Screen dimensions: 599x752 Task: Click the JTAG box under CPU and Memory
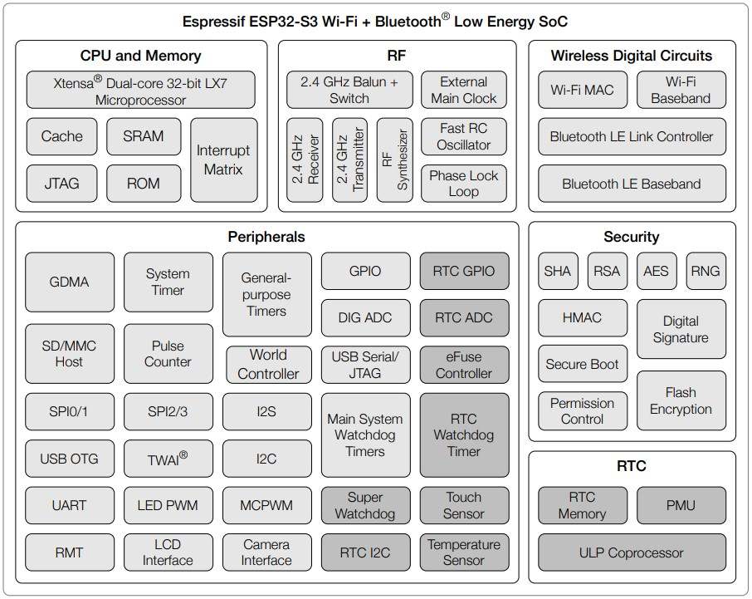[61, 183]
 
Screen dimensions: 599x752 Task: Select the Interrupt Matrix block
[223, 160]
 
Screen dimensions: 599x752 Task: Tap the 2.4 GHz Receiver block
[305, 159]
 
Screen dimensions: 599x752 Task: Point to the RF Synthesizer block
[394, 159]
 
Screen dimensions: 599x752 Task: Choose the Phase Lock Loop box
[464, 184]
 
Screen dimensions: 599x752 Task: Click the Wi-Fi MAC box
[582, 90]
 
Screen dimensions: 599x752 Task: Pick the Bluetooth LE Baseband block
[632, 184]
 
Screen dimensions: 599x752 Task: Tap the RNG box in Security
[706, 271]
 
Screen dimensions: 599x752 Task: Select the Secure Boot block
[582, 364]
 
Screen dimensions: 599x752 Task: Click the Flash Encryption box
[681, 400]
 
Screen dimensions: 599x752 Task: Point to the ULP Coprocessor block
[632, 552]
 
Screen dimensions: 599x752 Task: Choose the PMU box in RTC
[681, 505]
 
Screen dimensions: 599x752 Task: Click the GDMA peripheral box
[70, 282]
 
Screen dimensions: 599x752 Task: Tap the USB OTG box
[70, 459]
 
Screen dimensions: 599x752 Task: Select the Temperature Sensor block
[464, 552]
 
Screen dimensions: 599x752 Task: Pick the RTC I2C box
[365, 552]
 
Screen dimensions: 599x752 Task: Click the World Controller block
[268, 364]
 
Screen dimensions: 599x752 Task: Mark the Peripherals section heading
[266, 238]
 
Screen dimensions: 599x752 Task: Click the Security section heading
[632, 238]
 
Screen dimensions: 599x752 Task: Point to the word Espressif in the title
[215, 22]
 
